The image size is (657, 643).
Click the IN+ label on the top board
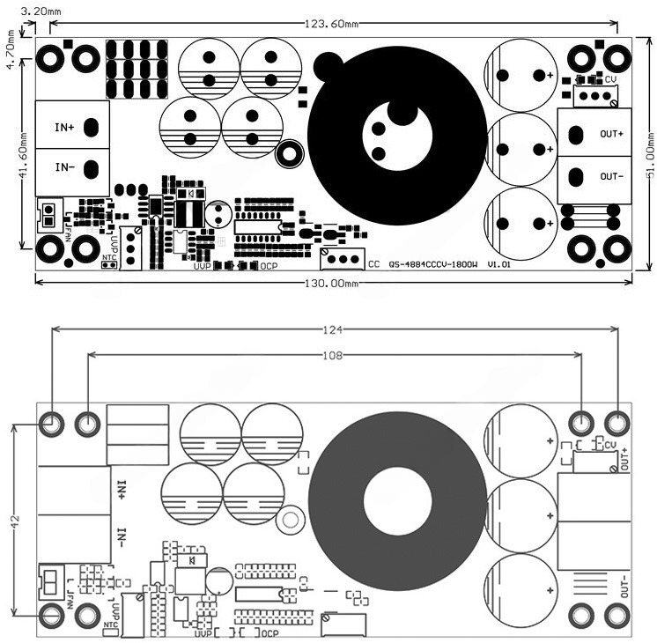[64, 128]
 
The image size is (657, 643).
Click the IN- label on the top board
[64, 167]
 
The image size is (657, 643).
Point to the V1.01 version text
[498, 263]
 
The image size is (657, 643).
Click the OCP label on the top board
[269, 265]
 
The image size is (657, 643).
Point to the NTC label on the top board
[109, 258]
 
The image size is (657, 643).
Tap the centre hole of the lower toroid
[398, 507]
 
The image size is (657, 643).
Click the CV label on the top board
[610, 80]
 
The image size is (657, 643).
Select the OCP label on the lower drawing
[269, 633]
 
